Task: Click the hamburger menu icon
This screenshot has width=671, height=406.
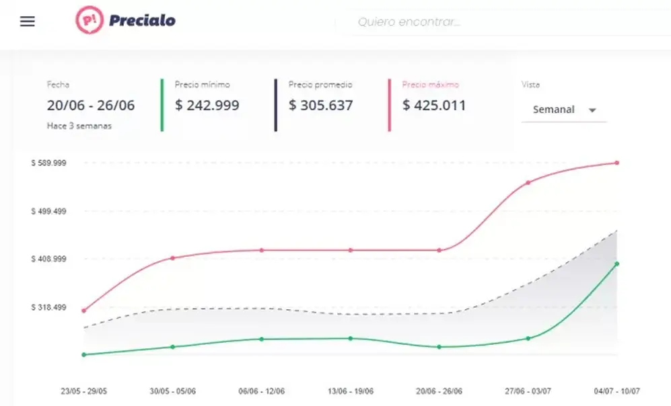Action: pos(28,22)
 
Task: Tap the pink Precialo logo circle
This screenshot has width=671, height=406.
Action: pos(90,20)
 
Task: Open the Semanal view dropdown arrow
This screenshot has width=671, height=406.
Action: pos(592,110)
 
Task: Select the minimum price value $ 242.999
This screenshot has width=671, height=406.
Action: pos(207,105)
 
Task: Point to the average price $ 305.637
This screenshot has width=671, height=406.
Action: pos(320,105)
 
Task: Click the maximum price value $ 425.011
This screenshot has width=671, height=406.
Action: pos(434,105)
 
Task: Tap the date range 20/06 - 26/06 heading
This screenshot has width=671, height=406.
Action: pos(91,105)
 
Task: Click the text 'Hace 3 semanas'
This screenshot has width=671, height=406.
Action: pos(79,126)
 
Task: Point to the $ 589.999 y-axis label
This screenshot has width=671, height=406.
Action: pos(48,163)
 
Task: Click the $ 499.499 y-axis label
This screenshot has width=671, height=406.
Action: pos(48,211)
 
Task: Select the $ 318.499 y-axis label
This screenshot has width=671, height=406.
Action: pos(48,307)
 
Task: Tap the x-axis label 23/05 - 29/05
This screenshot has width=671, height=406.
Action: pos(84,391)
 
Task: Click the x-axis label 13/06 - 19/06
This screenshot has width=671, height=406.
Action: pos(351,391)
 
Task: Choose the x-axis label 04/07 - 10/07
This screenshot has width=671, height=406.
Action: pos(616,391)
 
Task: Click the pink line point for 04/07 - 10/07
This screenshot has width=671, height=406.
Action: pos(617,163)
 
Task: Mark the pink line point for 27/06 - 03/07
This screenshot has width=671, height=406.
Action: pos(528,182)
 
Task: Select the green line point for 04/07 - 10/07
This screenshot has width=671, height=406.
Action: pos(617,263)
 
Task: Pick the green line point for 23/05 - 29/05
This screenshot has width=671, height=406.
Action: pos(84,355)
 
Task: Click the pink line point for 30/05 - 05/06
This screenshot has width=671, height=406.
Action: pos(173,258)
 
